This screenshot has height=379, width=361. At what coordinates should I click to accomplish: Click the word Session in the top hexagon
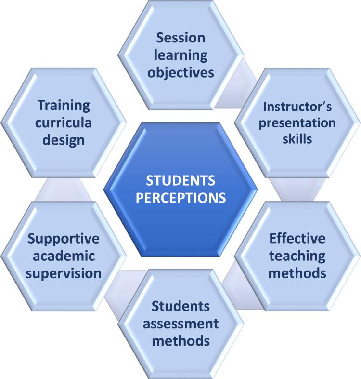click(x=180, y=38)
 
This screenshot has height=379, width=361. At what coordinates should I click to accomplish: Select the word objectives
click(x=180, y=73)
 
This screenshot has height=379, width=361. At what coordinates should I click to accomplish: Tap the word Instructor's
click(x=297, y=106)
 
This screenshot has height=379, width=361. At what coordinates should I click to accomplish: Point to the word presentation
click(x=297, y=122)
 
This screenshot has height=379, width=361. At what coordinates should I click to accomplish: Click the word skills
click(x=297, y=139)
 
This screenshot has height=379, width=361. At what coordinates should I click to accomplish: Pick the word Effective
click(x=297, y=239)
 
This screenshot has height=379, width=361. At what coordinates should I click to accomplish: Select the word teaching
click(x=297, y=256)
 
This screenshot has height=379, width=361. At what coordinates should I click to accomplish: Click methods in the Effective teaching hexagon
click(x=297, y=273)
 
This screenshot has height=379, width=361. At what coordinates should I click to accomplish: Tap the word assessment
click(x=180, y=323)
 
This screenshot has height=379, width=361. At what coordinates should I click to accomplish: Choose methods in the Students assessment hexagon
click(x=180, y=340)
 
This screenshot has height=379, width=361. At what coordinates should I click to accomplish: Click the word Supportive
click(x=64, y=239)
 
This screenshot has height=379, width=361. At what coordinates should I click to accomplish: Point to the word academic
click(x=64, y=256)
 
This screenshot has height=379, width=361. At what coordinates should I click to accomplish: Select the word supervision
click(x=64, y=273)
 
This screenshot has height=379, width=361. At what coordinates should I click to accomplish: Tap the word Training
click(x=64, y=105)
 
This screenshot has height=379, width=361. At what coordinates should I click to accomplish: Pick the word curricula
click(x=64, y=122)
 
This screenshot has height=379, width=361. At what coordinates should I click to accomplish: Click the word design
click(x=64, y=140)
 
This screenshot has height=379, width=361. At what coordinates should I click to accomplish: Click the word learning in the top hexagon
click(x=180, y=55)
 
